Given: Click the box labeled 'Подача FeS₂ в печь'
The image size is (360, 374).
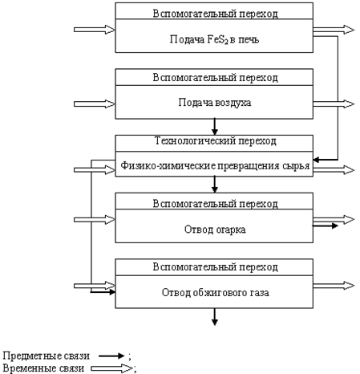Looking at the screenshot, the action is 214,36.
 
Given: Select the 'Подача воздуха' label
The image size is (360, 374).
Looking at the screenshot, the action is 215,103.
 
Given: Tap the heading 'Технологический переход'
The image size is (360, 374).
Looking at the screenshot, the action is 216,140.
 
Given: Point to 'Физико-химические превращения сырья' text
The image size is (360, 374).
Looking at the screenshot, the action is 215,165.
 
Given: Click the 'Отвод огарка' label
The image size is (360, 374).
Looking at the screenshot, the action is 215,230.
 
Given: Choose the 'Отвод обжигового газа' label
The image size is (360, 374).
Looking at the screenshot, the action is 215,292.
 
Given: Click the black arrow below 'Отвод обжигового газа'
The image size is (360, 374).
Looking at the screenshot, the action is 215,317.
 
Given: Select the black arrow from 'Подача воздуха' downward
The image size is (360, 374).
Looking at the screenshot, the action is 215,127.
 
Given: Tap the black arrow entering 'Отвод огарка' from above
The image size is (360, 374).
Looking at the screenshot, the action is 215,185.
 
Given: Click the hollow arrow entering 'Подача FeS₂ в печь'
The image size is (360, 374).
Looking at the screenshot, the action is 95,30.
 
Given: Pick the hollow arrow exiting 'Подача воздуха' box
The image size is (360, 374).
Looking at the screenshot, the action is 334,104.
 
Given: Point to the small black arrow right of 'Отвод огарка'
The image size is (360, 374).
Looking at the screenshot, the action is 326,226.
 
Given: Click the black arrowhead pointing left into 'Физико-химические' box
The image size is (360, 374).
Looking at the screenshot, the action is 317,160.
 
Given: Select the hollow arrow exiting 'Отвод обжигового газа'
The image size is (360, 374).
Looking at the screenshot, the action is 334,286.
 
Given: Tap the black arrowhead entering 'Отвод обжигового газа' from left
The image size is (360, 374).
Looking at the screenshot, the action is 111,292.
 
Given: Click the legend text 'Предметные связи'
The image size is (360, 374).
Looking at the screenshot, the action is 47,356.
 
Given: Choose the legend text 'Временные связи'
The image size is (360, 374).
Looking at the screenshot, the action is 43,368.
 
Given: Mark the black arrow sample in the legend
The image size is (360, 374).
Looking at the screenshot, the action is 111,356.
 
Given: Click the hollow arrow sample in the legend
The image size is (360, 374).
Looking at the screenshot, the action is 112,368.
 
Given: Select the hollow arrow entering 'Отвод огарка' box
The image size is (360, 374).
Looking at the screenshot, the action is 95,220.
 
